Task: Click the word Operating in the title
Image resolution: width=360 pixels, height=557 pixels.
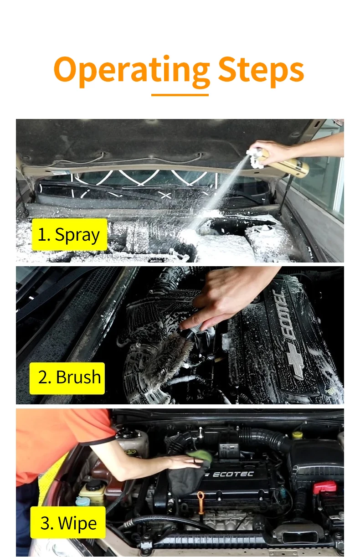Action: pyautogui.click(x=132, y=69)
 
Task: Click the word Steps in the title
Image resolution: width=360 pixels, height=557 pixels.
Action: pyautogui.click(x=261, y=69)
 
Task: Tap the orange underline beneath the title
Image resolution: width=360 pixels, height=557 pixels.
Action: pyautogui.click(x=180, y=95)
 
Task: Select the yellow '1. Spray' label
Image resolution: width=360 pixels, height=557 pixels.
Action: pyautogui.click(x=69, y=235)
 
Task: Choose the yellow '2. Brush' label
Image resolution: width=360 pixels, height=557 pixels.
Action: pyautogui.click(x=67, y=378)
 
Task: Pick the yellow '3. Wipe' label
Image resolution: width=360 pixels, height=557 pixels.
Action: pyautogui.click(x=68, y=522)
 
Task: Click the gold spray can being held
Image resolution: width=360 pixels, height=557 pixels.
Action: pyautogui.click(x=287, y=165)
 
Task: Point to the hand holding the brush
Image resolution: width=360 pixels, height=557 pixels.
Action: pyautogui.click(x=228, y=297)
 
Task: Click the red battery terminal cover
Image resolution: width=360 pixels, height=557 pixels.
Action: pyautogui.click(x=324, y=487)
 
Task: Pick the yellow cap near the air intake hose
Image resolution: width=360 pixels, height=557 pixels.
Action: pyautogui.click(x=297, y=434)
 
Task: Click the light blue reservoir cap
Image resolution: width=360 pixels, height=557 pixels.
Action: pyautogui.click(x=82, y=501)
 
